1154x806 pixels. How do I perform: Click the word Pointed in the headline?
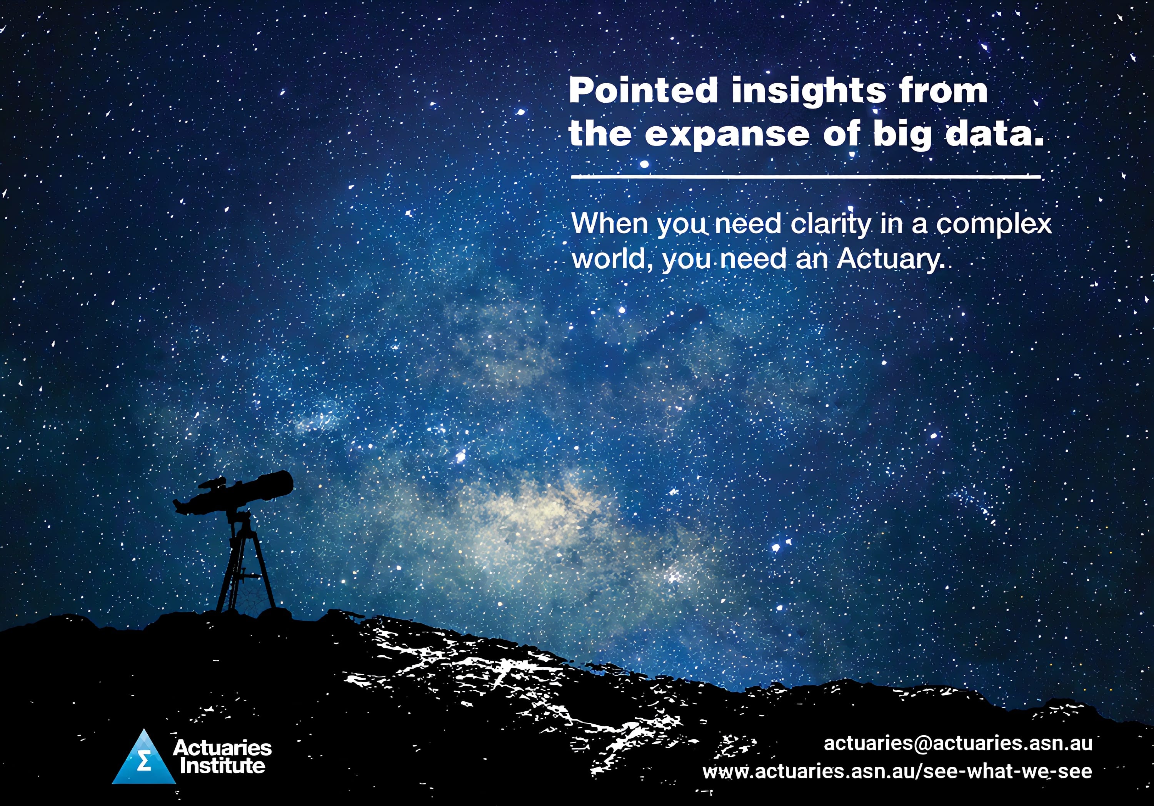643,90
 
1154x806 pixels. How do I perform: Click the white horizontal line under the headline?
806,177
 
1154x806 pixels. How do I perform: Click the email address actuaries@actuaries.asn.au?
958,742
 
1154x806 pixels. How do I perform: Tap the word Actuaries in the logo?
222,748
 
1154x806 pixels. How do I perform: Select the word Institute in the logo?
223,766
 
